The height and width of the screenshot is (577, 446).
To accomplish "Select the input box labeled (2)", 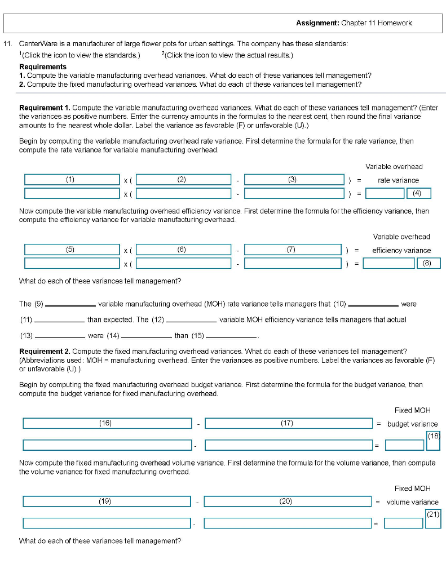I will [183, 180].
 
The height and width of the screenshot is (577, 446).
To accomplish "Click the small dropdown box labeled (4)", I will [418, 193].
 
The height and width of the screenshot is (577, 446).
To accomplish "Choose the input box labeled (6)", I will [183, 250].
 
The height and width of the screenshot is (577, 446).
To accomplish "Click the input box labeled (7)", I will [293, 250].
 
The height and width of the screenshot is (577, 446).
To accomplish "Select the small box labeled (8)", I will [427, 263].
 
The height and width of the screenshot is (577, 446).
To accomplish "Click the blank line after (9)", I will [70, 305].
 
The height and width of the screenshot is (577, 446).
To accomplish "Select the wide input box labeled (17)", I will [288, 423].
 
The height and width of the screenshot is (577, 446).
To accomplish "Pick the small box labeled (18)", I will [433, 441].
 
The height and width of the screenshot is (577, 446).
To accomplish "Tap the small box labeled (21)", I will [433, 518].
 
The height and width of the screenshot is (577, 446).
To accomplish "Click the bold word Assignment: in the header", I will [317, 23].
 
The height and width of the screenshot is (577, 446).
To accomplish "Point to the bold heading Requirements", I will [43, 66].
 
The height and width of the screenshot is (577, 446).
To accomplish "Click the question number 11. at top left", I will [8, 43].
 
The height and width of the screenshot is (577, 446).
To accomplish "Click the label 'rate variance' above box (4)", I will [398, 180].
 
